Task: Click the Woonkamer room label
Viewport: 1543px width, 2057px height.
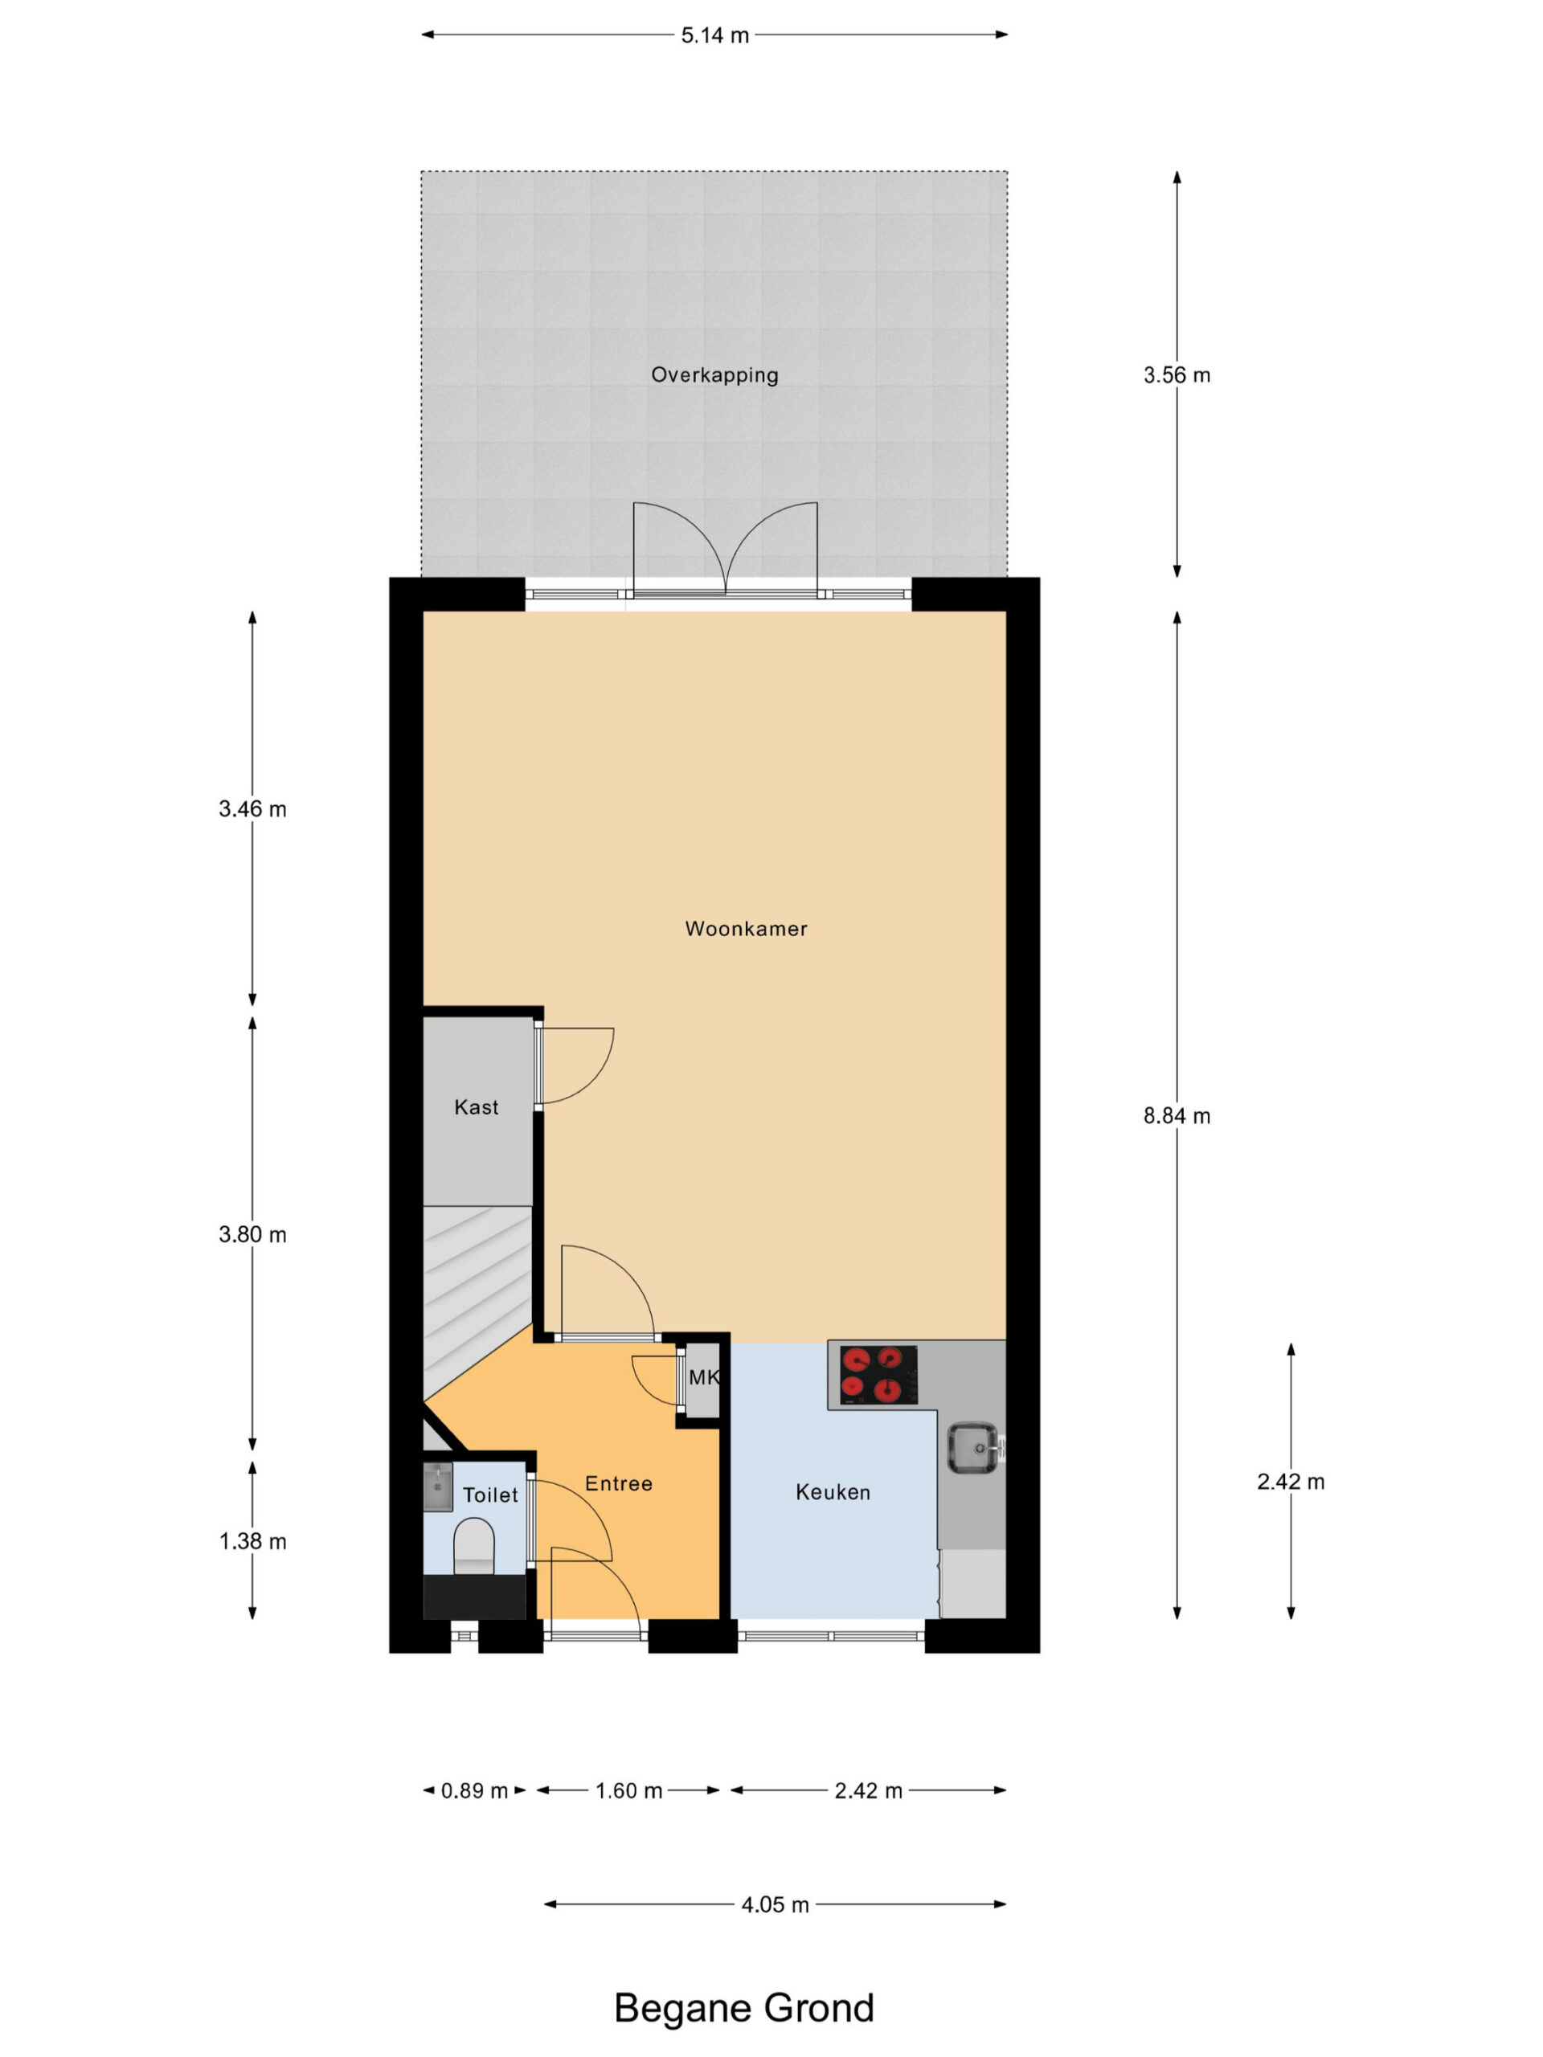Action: (x=746, y=928)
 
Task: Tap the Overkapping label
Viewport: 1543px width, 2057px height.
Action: (x=714, y=374)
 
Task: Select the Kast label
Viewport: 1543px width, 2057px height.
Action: (x=477, y=1106)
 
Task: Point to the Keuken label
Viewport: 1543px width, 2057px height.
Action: (x=833, y=1491)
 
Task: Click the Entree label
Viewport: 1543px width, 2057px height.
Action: (x=619, y=1483)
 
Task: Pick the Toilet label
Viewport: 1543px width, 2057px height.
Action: (x=490, y=1495)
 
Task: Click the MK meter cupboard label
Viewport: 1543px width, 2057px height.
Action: (x=704, y=1377)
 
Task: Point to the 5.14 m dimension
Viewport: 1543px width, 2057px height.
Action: (x=714, y=35)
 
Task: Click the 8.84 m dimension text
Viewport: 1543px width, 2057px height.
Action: (x=1177, y=1116)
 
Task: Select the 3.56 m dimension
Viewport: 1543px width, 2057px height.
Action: (x=1177, y=374)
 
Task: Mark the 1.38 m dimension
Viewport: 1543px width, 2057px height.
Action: (x=252, y=1541)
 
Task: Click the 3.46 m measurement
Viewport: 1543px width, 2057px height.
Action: (x=252, y=809)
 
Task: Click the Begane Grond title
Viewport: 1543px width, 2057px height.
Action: (x=744, y=2007)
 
